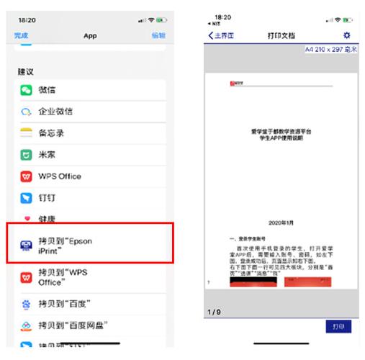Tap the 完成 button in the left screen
(22, 35)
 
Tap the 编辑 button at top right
(158, 35)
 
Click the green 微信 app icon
(27, 90)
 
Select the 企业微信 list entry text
(55, 112)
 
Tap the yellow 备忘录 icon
(27, 133)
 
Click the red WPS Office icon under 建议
(27, 176)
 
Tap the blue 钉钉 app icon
(27, 197)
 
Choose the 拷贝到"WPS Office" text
(65, 277)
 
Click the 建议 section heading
(26, 73)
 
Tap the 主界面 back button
(221, 35)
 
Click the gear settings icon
(347, 35)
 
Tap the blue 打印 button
(338, 326)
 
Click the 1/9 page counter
(214, 311)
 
